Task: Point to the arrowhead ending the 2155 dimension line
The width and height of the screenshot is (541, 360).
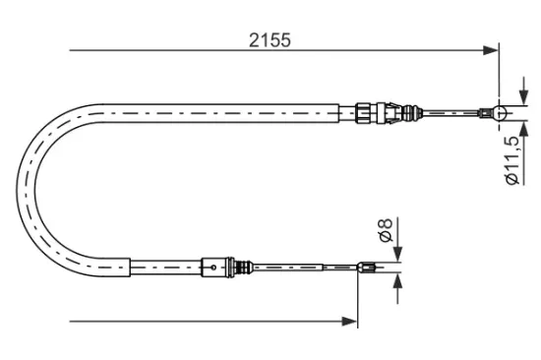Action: click(490, 49)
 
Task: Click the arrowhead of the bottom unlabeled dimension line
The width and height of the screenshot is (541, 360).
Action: click(349, 319)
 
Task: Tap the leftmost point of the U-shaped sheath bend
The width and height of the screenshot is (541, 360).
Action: click(20, 187)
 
